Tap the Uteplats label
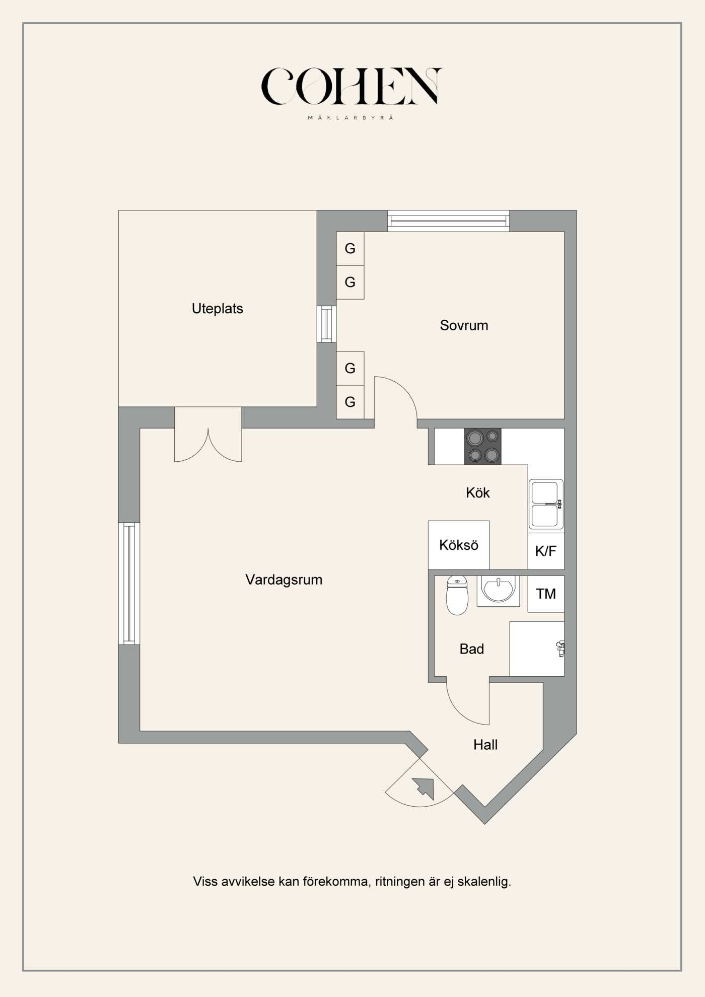click(218, 309)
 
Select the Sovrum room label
click(464, 325)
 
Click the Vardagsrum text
click(284, 580)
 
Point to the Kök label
click(478, 492)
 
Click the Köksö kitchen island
click(459, 545)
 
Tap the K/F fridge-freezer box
click(546, 551)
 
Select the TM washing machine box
click(546, 594)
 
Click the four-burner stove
click(483, 446)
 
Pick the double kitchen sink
click(546, 504)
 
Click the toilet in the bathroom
click(457, 596)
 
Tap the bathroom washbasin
click(498, 590)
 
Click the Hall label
click(485, 745)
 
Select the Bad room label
click(472, 649)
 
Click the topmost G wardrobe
click(350, 249)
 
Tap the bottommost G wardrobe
click(350, 402)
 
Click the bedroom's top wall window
click(448, 221)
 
